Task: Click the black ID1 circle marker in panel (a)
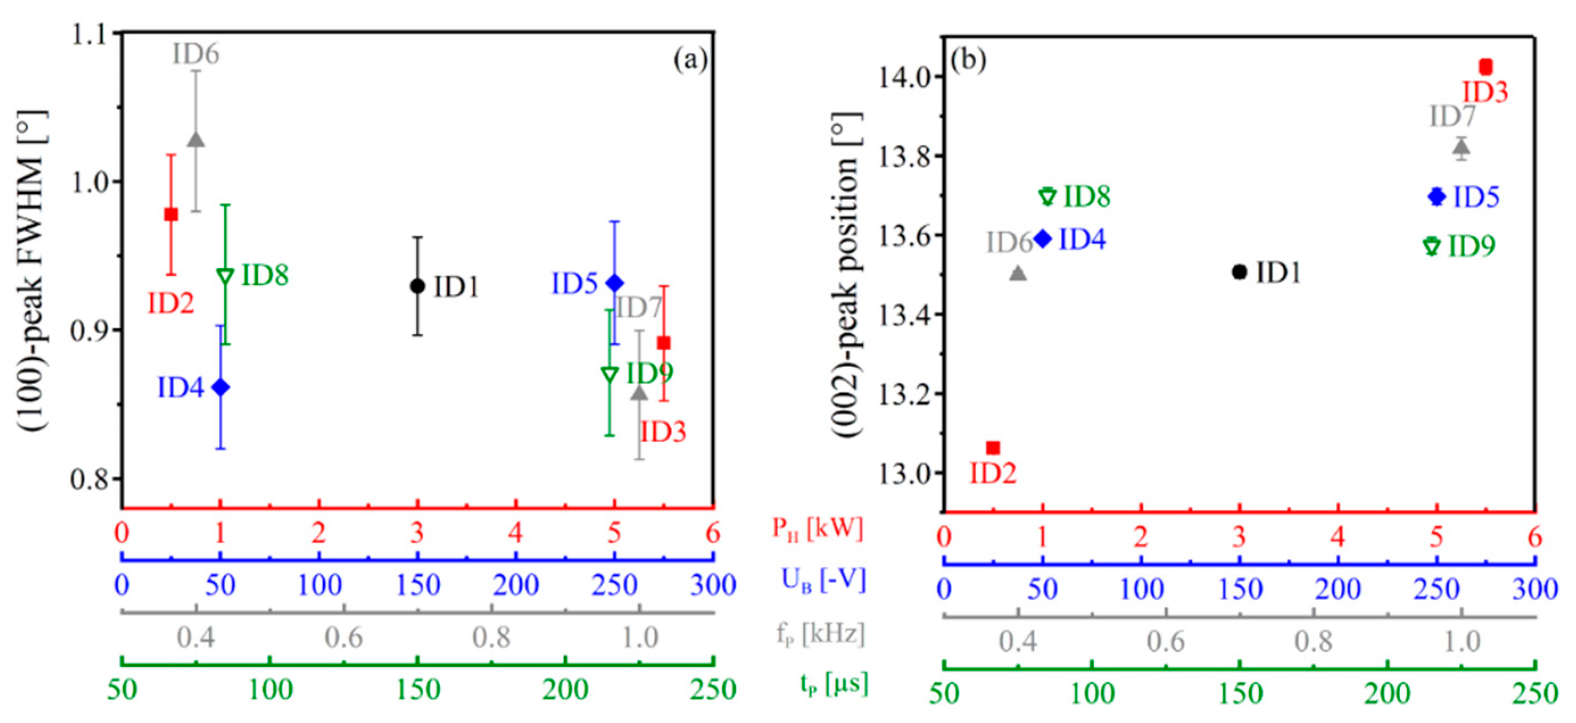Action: [x=417, y=286]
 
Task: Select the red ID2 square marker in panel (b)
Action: [x=993, y=448]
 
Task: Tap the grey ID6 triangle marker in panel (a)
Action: [x=196, y=139]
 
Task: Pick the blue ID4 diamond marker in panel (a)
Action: [x=220, y=387]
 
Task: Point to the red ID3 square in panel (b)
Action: [x=1486, y=67]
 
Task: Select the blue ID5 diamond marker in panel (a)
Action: [x=615, y=283]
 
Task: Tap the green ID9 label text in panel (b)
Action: [x=1471, y=247]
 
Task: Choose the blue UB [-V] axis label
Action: [x=824, y=580]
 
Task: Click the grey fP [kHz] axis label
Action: [x=820, y=634]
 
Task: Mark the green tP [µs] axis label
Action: [x=834, y=683]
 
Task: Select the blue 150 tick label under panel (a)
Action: [x=418, y=585]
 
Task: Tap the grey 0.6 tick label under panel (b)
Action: [x=1165, y=642]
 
